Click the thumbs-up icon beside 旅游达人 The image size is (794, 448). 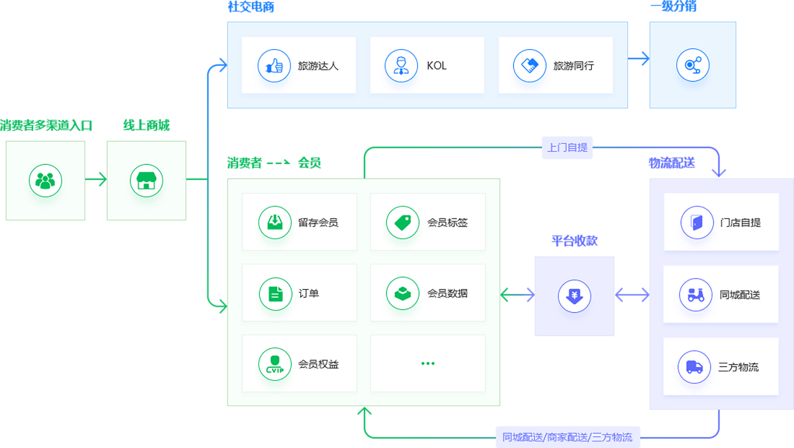[x=274, y=66]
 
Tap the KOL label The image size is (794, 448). [x=437, y=66]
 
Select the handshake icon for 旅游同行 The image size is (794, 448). [x=530, y=66]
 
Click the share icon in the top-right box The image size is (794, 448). [x=693, y=65]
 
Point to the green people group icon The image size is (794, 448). [x=45, y=180]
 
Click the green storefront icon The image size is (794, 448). [x=147, y=180]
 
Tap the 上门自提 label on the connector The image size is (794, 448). [x=567, y=147]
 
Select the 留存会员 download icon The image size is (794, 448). [x=275, y=222]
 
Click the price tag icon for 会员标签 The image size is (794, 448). [x=403, y=222]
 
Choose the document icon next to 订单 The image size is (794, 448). [x=275, y=293]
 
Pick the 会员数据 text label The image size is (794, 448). [x=448, y=293]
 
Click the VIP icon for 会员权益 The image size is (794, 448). [x=275, y=364]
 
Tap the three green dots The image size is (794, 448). [x=428, y=363]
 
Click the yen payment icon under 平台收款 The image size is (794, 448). [x=575, y=296]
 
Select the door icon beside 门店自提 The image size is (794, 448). [x=697, y=222]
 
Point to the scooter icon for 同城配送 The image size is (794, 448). [x=697, y=294]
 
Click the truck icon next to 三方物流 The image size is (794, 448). [x=695, y=366]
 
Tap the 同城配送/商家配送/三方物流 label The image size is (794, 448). [x=567, y=437]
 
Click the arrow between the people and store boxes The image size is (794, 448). [x=96, y=180]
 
